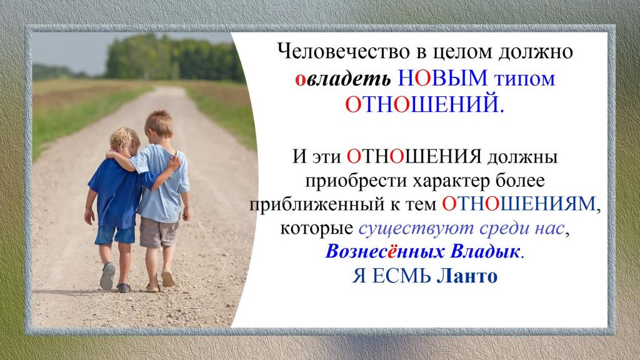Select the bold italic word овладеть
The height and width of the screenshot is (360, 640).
[343, 79]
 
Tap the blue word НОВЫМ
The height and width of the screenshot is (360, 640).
[442, 78]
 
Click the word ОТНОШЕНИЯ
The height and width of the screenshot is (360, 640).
[414, 156]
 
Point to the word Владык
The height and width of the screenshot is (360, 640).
[484, 252]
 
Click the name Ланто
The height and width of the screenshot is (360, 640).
[467, 276]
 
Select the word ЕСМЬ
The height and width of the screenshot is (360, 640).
[402, 276]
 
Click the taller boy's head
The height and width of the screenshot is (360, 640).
[158, 124]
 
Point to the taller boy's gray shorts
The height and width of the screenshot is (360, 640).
[159, 232]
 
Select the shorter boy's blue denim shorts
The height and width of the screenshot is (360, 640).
[115, 235]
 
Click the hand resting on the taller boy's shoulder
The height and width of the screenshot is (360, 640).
[174, 162]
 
